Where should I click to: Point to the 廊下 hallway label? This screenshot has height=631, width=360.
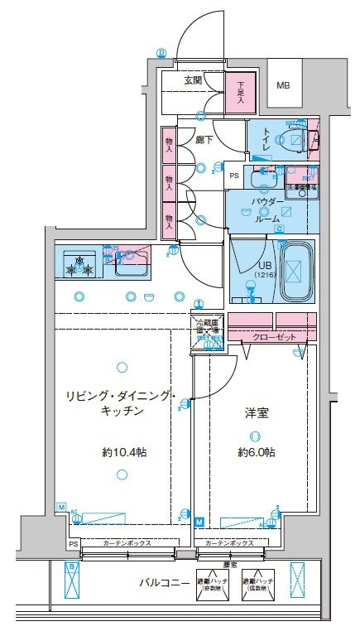204,140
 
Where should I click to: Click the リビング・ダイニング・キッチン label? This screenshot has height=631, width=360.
118,403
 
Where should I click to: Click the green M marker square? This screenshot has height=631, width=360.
200,522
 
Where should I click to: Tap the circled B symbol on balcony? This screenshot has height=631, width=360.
72,566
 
